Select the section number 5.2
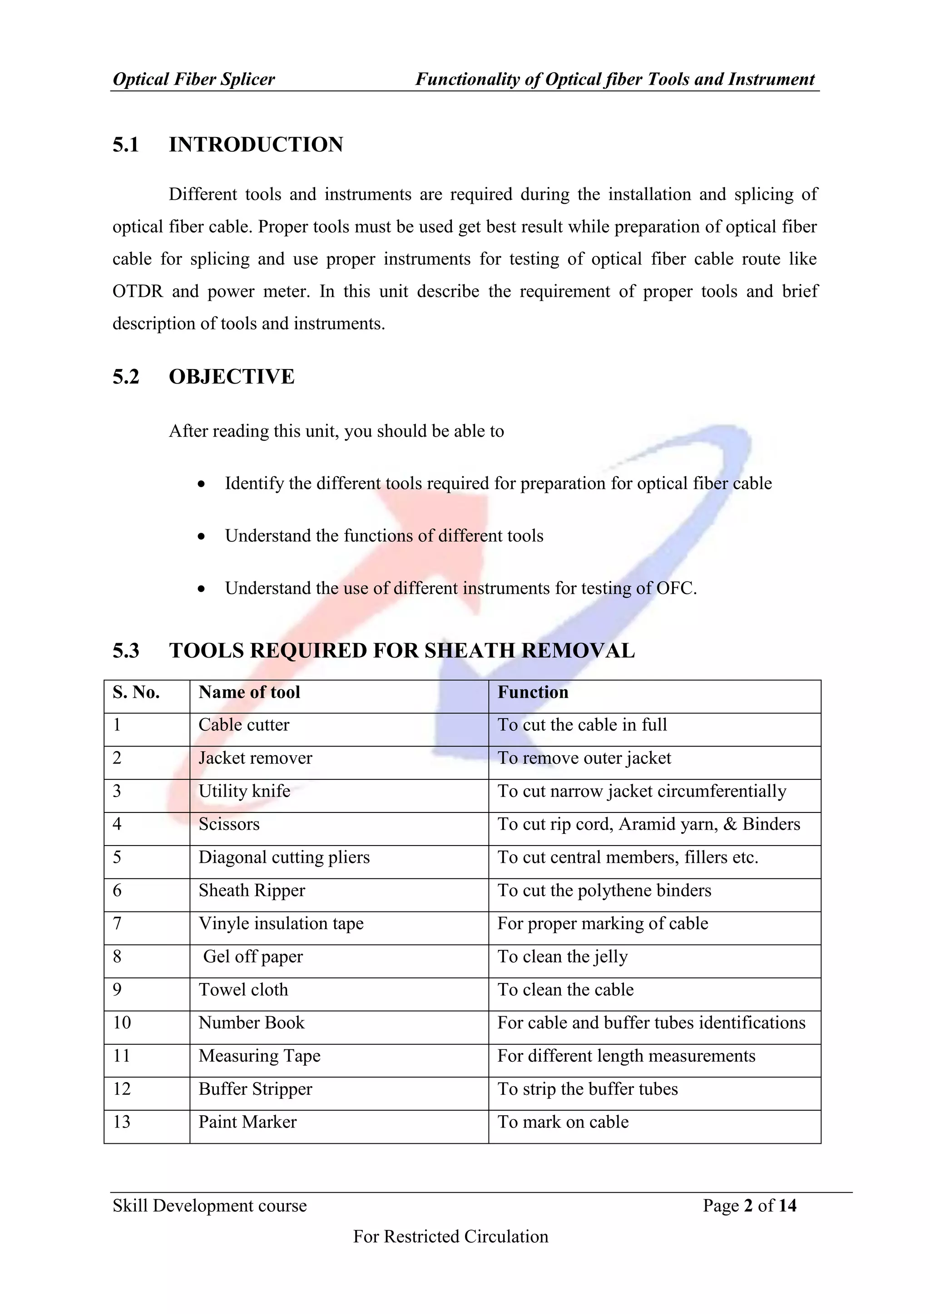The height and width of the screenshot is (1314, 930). coord(126,377)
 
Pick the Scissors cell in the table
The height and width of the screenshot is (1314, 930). coord(229,824)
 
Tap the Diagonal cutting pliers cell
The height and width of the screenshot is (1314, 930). coord(284,857)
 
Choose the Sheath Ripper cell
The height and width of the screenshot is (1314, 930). coord(252,891)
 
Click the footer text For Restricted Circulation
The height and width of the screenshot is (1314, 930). coord(450,1236)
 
